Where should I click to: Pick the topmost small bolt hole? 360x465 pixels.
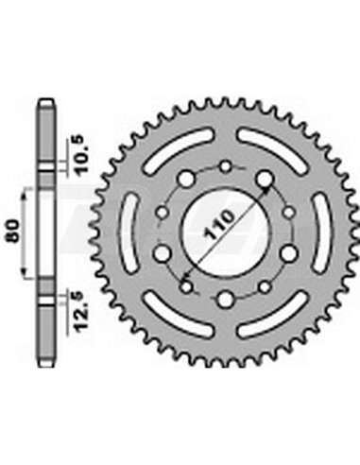pyautogui.click(x=227, y=168)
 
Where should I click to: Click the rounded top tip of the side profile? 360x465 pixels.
pyautogui.click(x=46, y=101)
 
